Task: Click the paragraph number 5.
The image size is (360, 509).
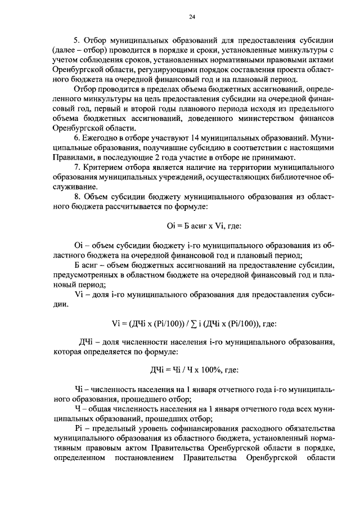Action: click(x=76, y=41)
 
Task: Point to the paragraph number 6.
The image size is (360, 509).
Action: click(x=76, y=138)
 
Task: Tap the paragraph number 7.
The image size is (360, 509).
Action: click(x=76, y=168)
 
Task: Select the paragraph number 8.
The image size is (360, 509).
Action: click(x=76, y=197)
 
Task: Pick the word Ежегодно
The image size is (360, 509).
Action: click(x=102, y=138)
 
